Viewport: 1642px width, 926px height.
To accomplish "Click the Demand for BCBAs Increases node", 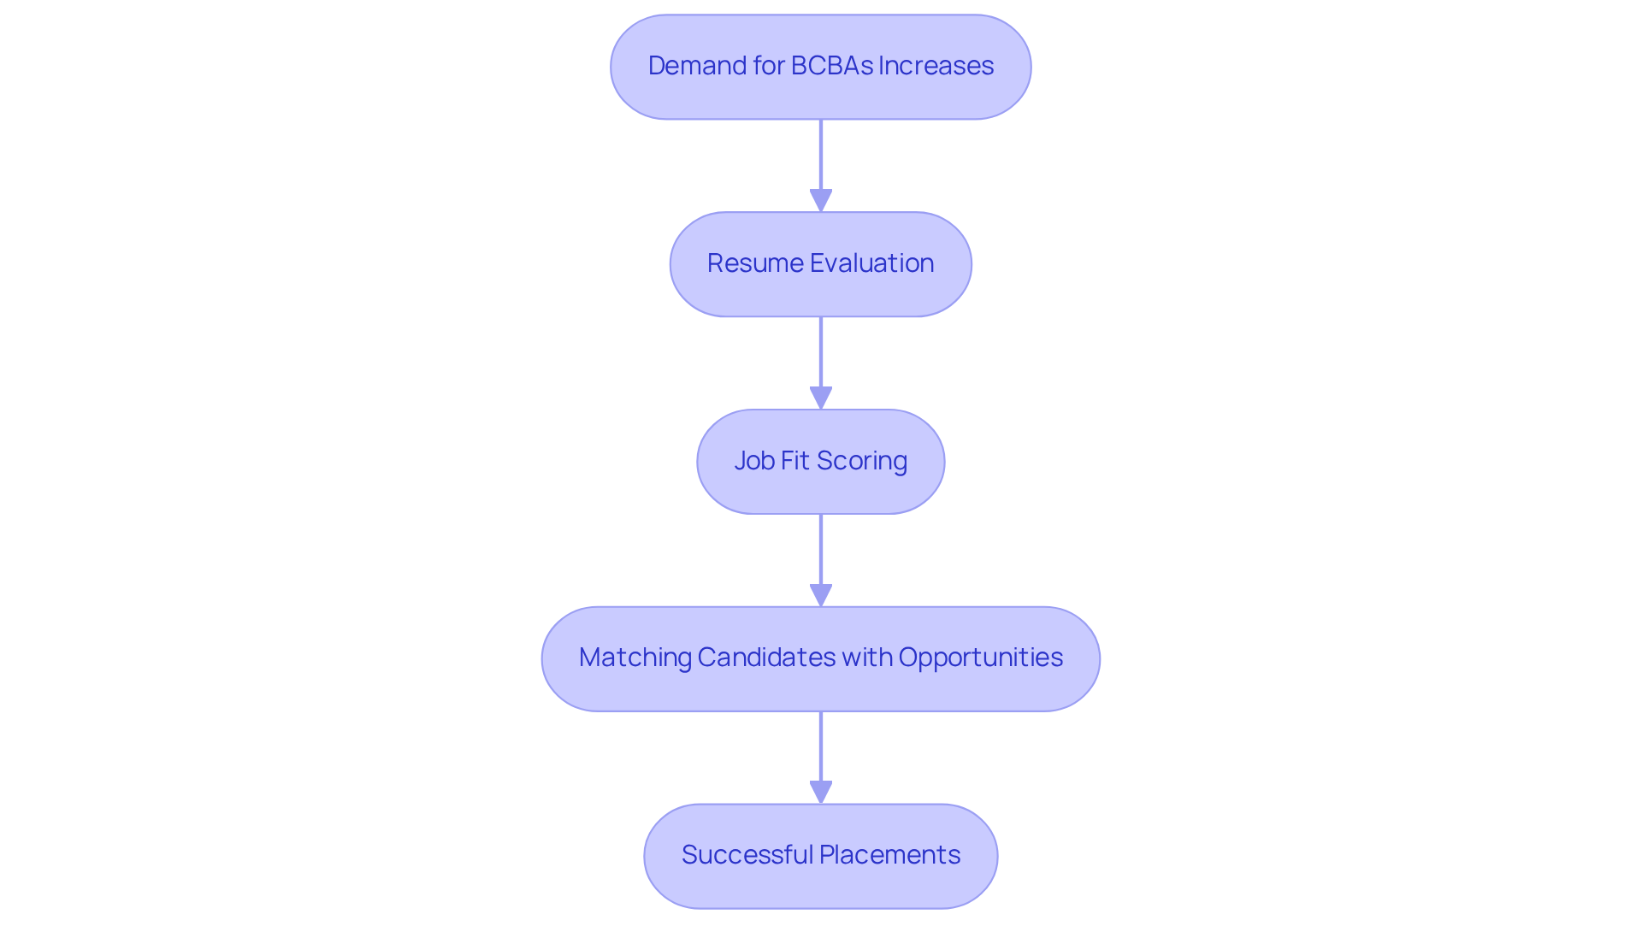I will tap(820, 67).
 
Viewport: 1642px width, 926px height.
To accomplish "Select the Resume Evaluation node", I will tap(820, 264).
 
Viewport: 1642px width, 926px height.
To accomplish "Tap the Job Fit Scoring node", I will tap(820, 462).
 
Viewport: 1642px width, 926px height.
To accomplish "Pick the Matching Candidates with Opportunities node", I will tap(820, 659).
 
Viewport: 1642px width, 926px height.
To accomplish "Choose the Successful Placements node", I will tap(820, 856).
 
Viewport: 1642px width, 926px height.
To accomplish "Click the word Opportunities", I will tap(980, 658).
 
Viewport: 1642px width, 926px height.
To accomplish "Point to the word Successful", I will tap(747, 855).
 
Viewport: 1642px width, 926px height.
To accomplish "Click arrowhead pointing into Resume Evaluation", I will tap(820, 201).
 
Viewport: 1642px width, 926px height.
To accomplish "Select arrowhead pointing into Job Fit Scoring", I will tap(820, 398).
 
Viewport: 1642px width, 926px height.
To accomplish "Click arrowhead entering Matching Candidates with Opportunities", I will tap(820, 596).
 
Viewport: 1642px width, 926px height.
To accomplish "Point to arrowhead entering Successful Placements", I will tap(820, 793).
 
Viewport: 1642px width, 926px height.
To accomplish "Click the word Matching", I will tap(635, 658).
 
